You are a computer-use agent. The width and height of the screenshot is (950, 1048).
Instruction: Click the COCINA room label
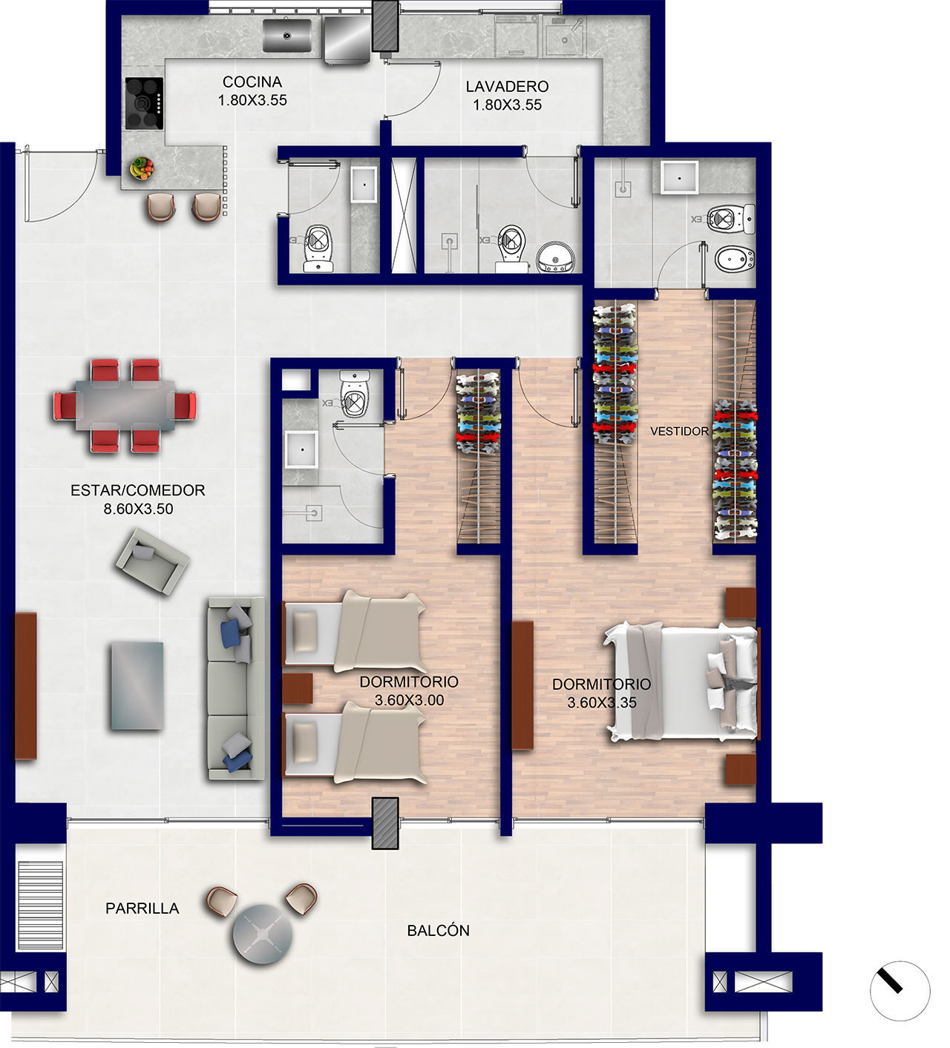point(252,82)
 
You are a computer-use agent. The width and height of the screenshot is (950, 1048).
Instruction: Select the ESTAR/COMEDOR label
point(138,490)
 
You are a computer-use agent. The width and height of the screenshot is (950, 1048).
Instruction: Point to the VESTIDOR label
point(679,432)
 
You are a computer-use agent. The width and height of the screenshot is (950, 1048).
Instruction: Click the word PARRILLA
point(142,909)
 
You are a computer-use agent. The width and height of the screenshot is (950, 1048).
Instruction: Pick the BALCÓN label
point(438,931)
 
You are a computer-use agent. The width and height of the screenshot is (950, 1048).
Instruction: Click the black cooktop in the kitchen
point(144,103)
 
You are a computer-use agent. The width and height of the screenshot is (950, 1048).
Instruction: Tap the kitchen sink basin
point(287,36)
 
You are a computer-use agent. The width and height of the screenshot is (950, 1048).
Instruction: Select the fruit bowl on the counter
point(142,168)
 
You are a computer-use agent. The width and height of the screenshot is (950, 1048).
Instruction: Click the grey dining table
point(125,406)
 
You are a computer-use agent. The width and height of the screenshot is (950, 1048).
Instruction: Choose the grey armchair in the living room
point(152,561)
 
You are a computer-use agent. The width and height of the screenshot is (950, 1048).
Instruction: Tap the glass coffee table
point(137,685)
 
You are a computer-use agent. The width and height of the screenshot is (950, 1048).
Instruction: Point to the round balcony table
point(263,934)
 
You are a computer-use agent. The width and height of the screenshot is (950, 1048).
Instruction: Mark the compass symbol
point(900,991)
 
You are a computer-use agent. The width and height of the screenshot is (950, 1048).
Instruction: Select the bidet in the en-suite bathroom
point(735,259)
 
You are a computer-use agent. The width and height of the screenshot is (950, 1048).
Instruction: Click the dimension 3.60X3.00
point(410,701)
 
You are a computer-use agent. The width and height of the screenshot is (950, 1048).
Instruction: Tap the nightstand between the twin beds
point(298,688)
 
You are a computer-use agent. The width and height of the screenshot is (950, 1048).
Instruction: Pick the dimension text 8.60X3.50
point(138,509)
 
